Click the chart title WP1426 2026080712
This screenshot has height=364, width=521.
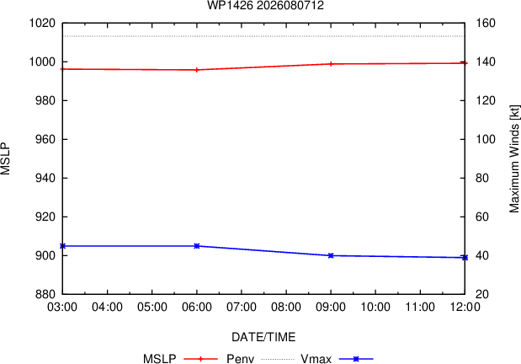(265, 5)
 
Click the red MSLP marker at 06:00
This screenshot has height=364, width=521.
(197, 70)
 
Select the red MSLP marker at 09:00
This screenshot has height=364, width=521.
(331, 64)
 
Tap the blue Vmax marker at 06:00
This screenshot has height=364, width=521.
(197, 246)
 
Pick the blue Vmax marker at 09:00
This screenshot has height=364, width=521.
(331, 255)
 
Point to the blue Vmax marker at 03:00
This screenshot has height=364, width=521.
(63, 246)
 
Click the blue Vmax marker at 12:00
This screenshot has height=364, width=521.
(465, 258)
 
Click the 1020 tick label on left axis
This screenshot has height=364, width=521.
(42, 24)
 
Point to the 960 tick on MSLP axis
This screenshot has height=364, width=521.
(45, 139)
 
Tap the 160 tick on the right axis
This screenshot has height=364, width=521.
(486, 24)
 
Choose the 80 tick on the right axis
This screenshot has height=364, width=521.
(482, 178)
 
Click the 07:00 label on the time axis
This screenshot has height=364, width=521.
(242, 307)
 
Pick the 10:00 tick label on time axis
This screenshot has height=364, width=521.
(375, 307)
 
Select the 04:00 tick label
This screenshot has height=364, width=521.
(108, 307)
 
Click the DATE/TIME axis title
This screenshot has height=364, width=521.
(263, 337)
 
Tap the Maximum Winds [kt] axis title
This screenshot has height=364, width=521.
(514, 159)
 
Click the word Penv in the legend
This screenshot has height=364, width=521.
(240, 359)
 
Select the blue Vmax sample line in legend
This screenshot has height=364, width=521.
(356, 359)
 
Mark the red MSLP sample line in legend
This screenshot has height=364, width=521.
(200, 359)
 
